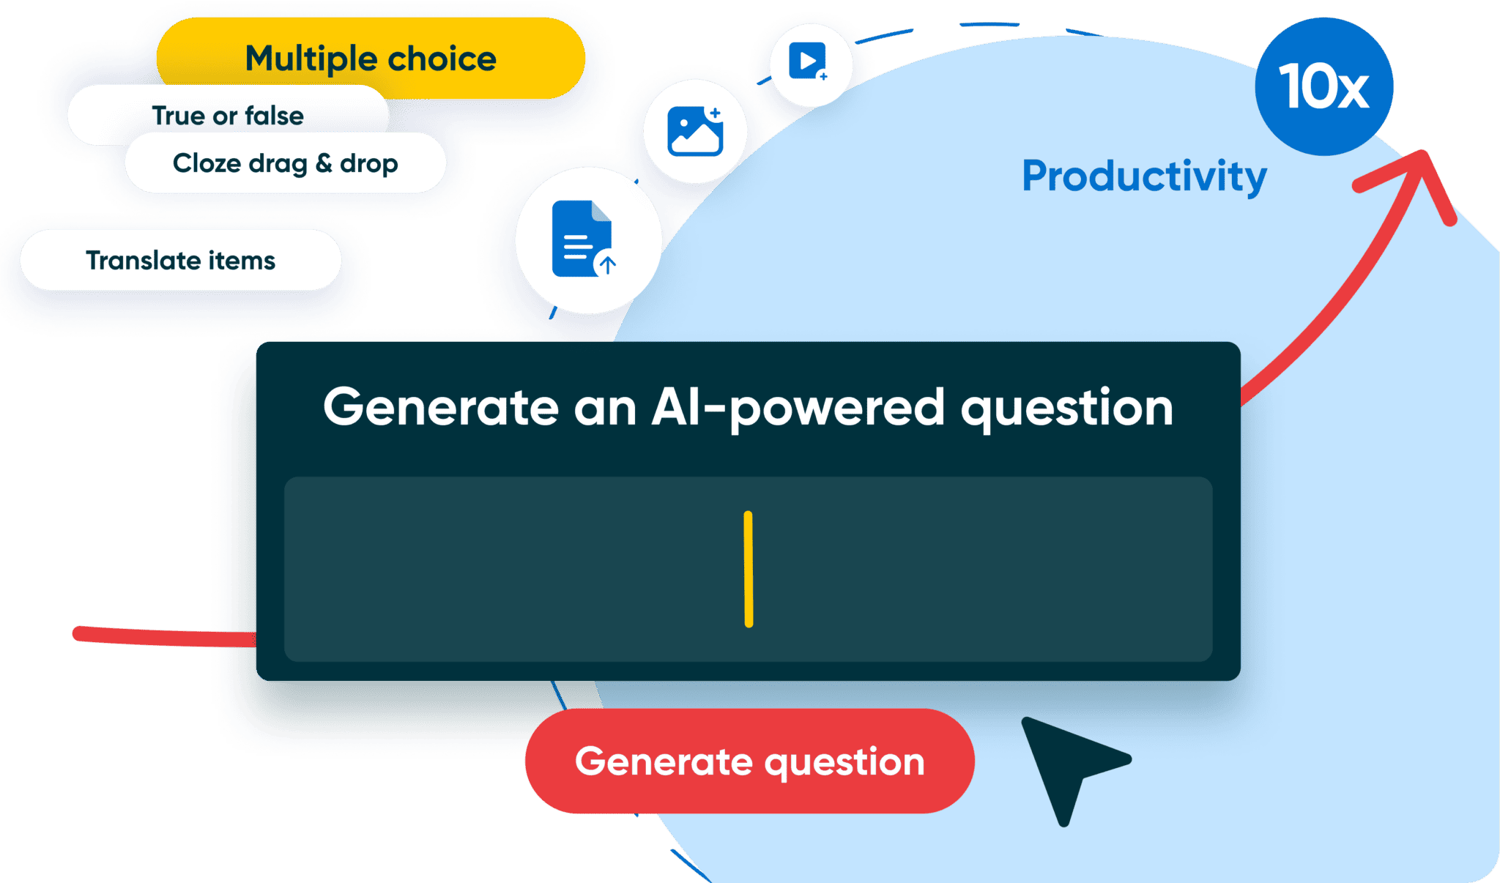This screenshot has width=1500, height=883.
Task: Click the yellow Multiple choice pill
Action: [x=371, y=59]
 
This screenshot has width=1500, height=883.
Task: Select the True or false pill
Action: [x=227, y=115]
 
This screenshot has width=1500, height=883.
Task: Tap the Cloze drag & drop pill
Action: [x=285, y=163]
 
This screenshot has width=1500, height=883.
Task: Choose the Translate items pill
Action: [x=180, y=260]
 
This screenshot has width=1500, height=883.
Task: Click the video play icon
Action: [x=807, y=62]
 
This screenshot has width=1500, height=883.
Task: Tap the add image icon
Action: [x=695, y=131]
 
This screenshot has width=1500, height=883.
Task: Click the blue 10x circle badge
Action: [x=1323, y=86]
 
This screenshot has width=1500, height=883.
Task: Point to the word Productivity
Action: [x=1144, y=176]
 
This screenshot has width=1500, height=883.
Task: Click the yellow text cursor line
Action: [x=748, y=569]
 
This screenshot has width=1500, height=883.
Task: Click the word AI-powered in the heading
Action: [x=798, y=408]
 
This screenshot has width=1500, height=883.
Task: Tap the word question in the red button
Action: [x=844, y=763]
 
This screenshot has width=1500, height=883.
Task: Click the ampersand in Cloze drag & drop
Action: [x=324, y=163]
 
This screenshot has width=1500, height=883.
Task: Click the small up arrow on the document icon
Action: [x=606, y=264]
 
